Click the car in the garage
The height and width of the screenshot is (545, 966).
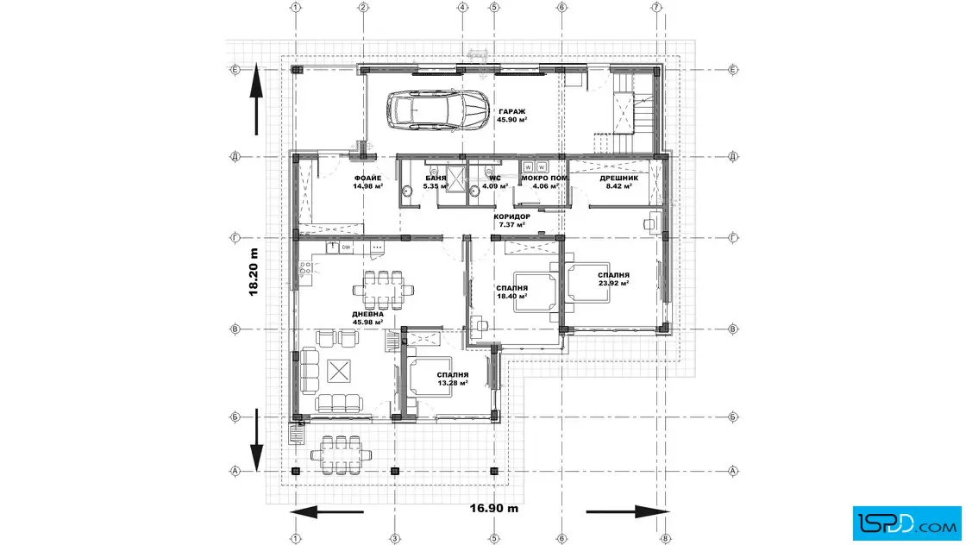(x=439, y=111)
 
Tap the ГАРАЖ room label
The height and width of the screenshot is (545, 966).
(x=512, y=111)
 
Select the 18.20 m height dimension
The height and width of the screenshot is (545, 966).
(x=254, y=272)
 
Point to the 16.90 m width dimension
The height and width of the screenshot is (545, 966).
(x=494, y=508)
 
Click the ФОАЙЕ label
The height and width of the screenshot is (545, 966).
(x=367, y=178)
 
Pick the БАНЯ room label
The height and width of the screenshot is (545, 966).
(x=436, y=178)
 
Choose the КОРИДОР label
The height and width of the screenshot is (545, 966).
(x=512, y=216)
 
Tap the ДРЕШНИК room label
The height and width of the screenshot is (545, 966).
(x=619, y=178)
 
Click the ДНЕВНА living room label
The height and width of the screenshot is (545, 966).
(x=367, y=314)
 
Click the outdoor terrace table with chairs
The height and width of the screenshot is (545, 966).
(x=342, y=454)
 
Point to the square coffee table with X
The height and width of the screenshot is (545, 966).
(x=339, y=371)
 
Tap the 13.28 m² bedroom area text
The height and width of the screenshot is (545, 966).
(x=453, y=382)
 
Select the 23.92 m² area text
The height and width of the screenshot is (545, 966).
(x=613, y=283)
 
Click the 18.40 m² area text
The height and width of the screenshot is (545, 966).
(x=512, y=296)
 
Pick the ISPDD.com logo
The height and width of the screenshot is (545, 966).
(x=906, y=523)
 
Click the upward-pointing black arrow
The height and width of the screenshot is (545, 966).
(x=256, y=98)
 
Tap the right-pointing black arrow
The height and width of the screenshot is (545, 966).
(x=627, y=511)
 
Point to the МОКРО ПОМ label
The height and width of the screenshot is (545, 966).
(x=544, y=178)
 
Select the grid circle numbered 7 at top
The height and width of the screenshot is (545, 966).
(x=656, y=8)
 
